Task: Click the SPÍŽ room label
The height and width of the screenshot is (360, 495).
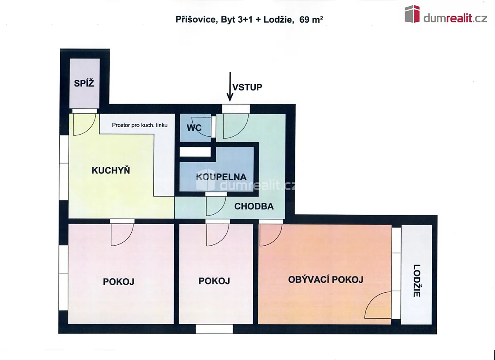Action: (x=84, y=83)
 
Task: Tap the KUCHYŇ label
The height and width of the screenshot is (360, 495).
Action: (x=111, y=170)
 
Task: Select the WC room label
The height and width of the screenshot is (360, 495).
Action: (x=194, y=128)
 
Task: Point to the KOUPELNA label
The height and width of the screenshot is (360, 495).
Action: (x=221, y=177)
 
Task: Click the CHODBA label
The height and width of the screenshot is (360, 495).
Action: (x=254, y=206)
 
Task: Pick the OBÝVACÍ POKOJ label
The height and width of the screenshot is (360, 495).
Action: (x=326, y=280)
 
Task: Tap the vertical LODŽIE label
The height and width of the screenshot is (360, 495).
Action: (x=417, y=281)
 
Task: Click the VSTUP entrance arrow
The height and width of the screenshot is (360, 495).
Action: (x=230, y=86)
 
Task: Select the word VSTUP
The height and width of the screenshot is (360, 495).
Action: (x=247, y=88)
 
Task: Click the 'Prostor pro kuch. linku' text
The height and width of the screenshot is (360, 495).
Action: (x=140, y=125)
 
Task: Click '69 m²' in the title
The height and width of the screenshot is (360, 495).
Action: (x=311, y=20)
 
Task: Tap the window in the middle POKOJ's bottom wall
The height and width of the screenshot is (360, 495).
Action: (x=214, y=329)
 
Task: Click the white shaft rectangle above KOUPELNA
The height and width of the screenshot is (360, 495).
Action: (x=195, y=152)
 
